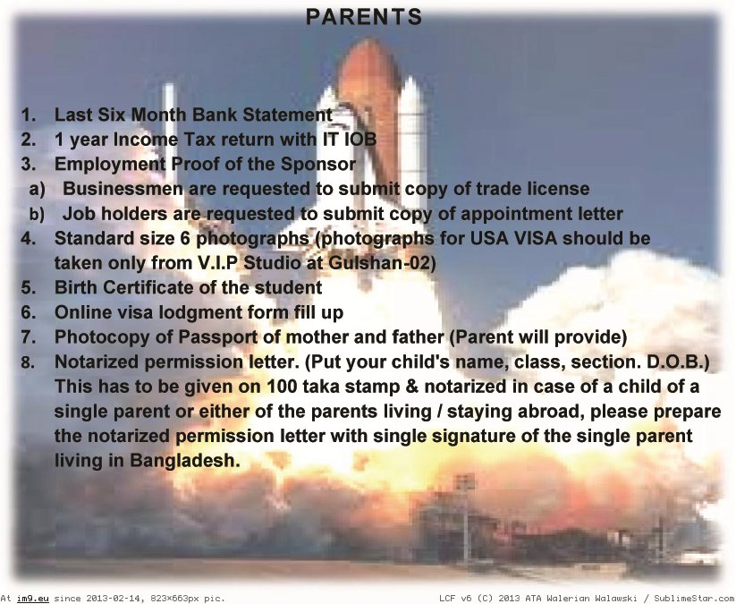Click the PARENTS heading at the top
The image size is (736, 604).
coord(364,17)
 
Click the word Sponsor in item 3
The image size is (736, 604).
coord(318,164)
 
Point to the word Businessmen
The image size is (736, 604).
coord(123,188)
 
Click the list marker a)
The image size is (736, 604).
coord(37,189)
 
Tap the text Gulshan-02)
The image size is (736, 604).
coord(382,262)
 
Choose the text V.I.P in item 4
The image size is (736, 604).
coord(218,262)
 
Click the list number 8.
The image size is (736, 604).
coord(28,362)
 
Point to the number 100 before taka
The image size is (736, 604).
coord(282,387)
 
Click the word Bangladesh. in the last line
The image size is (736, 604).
coord(185,460)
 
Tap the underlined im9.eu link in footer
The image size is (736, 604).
coord(33,599)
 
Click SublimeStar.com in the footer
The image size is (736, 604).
coord(694,599)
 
